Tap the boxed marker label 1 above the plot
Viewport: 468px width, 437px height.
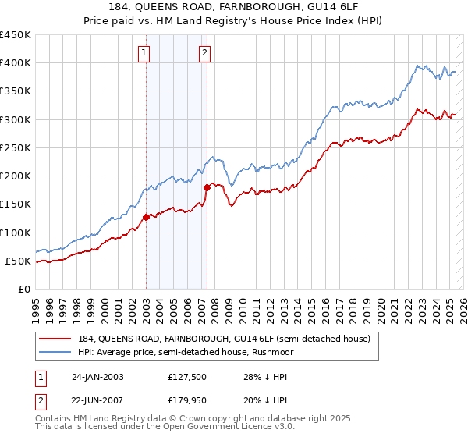pos(146,53)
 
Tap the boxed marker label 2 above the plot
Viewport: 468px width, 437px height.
pos(204,53)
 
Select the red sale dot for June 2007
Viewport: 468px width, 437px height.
pos(207,187)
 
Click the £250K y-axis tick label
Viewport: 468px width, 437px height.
pos(16,147)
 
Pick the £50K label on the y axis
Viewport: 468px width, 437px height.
pos(19,261)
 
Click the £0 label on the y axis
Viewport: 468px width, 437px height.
pos(23,289)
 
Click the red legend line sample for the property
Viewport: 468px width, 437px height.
pos(55,338)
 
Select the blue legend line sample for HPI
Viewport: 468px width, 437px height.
pos(55,352)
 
